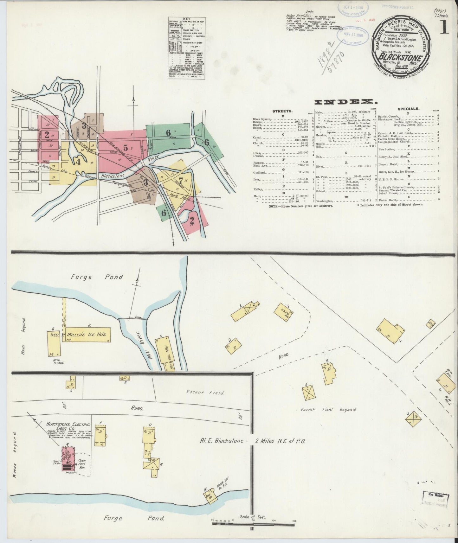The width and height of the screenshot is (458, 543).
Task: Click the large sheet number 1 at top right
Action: [x=445, y=28]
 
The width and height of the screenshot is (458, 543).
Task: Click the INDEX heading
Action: [x=345, y=102]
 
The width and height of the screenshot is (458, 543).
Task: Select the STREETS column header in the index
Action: [x=282, y=111]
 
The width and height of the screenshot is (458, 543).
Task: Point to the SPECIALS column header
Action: [x=409, y=108]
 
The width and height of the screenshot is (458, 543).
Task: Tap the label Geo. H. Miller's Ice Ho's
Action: [x=79, y=335]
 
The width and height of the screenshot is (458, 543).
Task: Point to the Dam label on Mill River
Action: [x=137, y=317]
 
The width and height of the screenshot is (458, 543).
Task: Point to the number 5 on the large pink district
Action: [x=126, y=148]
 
